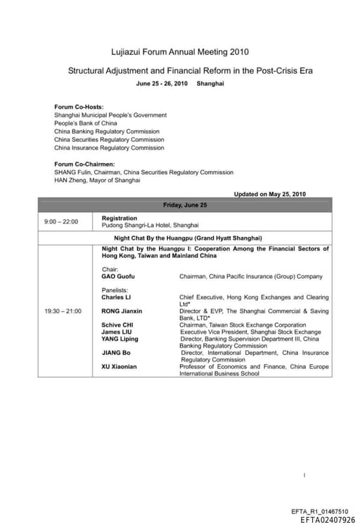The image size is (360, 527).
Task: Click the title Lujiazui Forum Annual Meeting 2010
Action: tap(180, 52)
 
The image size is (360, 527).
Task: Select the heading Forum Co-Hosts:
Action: tap(78, 107)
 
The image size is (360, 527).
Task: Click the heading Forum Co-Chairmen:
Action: tap(84, 164)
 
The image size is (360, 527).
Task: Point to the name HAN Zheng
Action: tap(70, 180)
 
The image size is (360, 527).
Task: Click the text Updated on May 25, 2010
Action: tap(269, 194)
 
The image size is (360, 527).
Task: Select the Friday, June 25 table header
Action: tap(185, 204)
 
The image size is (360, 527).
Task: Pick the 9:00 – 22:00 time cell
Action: tap(61, 222)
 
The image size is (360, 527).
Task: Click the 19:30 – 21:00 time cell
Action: tap(63, 311)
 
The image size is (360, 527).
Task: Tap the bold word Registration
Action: tap(120, 219)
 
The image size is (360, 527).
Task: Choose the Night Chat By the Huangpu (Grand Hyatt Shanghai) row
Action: tap(185, 238)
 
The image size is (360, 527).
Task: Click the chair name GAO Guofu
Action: tap(118, 277)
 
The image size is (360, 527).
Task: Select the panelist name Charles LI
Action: tap(116, 297)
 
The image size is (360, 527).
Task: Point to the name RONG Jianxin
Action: tap(122, 311)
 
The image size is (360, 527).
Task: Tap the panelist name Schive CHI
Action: tap(117, 325)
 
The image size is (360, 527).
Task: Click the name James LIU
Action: tap(117, 332)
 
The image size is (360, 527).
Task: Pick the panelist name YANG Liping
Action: tap(120, 339)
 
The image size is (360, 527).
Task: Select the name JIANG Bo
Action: tap(116, 353)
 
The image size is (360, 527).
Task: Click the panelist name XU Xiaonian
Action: tap(120, 367)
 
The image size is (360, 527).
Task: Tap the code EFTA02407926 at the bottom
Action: tap(328, 521)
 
